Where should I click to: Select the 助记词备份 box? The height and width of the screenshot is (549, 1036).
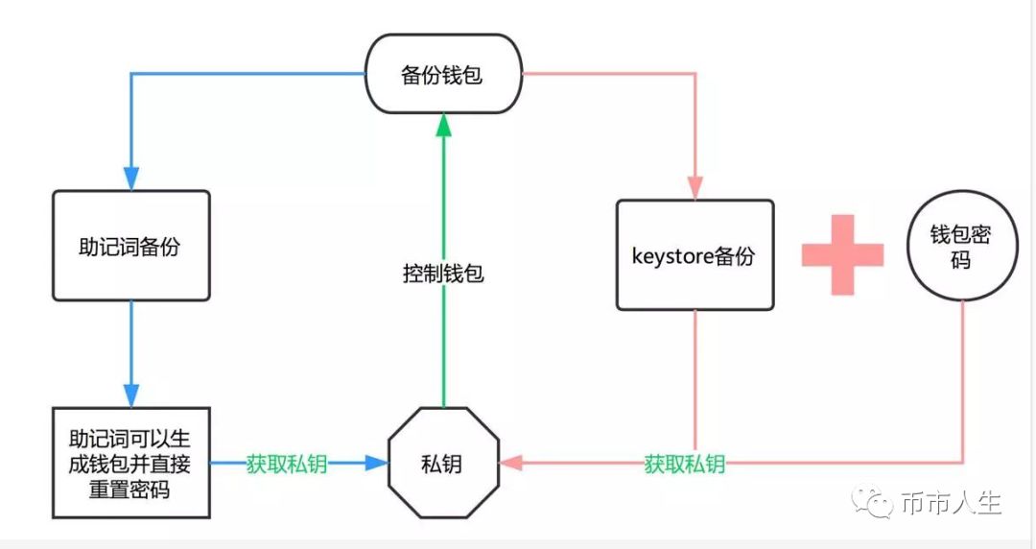[130, 246]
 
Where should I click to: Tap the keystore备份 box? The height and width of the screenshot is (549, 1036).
[695, 255]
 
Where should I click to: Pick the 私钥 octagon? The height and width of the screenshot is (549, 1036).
[443, 464]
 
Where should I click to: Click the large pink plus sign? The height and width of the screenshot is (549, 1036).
[842, 254]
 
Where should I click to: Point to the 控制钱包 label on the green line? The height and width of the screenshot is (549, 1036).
[443, 274]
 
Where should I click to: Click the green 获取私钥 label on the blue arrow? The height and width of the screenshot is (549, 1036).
[287, 464]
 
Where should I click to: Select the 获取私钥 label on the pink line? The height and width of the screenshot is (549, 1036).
[685, 465]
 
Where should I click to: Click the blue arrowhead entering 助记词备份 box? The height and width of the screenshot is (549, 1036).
[130, 179]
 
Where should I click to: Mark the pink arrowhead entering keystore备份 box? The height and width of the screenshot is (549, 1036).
[695, 188]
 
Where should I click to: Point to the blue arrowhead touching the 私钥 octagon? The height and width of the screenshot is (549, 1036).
[375, 464]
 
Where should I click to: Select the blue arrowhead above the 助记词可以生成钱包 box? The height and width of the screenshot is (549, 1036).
[130, 394]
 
